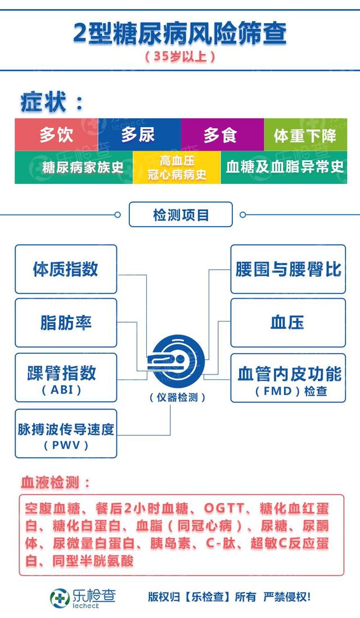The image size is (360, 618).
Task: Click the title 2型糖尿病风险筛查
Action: [x=180, y=33]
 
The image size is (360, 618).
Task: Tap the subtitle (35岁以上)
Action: [x=180, y=57]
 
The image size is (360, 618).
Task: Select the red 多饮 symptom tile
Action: [x=56, y=135]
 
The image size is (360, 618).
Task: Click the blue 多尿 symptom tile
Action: [x=139, y=135]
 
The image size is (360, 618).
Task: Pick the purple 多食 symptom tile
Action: [x=222, y=135]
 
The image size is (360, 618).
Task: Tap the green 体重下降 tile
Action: [x=305, y=135]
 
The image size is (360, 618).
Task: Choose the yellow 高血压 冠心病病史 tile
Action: [x=177, y=168]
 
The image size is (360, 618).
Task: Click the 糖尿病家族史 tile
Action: [x=74, y=168]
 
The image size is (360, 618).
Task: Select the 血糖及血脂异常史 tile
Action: [x=284, y=168]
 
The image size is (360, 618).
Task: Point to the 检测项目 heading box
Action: [x=180, y=215]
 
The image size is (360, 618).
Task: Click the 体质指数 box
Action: [x=66, y=269]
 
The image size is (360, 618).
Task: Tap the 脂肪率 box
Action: [x=66, y=323]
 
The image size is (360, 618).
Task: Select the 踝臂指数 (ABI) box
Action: [x=66, y=377]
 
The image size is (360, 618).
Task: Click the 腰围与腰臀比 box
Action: [x=288, y=269]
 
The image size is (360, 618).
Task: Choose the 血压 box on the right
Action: [x=288, y=323]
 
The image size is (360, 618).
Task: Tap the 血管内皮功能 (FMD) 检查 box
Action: [x=288, y=377]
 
